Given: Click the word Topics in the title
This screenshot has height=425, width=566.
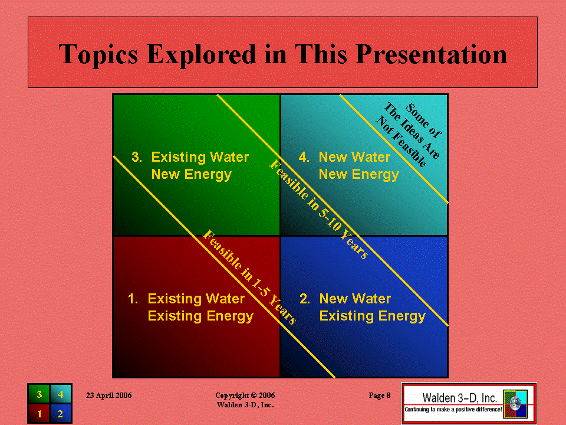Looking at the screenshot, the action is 98,54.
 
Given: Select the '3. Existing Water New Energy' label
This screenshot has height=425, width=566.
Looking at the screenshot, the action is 190,165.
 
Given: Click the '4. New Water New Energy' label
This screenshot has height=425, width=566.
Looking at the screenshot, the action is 348,165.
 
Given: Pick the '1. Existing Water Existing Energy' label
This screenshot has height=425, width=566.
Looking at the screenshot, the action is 190,307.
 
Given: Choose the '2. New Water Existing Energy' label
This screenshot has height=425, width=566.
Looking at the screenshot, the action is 363,307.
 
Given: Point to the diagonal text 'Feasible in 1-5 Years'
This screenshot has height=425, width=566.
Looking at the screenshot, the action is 249,277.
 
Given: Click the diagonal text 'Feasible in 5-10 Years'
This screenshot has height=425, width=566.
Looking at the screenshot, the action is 319,209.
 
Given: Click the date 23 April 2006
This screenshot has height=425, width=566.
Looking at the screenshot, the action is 108,395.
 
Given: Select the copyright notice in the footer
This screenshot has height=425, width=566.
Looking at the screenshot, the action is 245,400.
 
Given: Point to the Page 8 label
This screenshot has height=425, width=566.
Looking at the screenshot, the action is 379,395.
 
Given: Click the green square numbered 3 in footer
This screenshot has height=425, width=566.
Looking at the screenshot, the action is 39,394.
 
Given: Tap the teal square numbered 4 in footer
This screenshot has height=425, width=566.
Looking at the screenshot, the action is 60,394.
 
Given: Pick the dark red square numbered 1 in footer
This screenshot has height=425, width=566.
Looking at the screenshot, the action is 39,413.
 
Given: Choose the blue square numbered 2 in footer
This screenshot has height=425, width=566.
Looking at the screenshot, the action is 60,413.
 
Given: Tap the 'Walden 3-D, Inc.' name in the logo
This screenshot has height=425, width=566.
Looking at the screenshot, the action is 459,397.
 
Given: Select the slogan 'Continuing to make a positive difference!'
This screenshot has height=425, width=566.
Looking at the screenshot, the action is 453,410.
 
